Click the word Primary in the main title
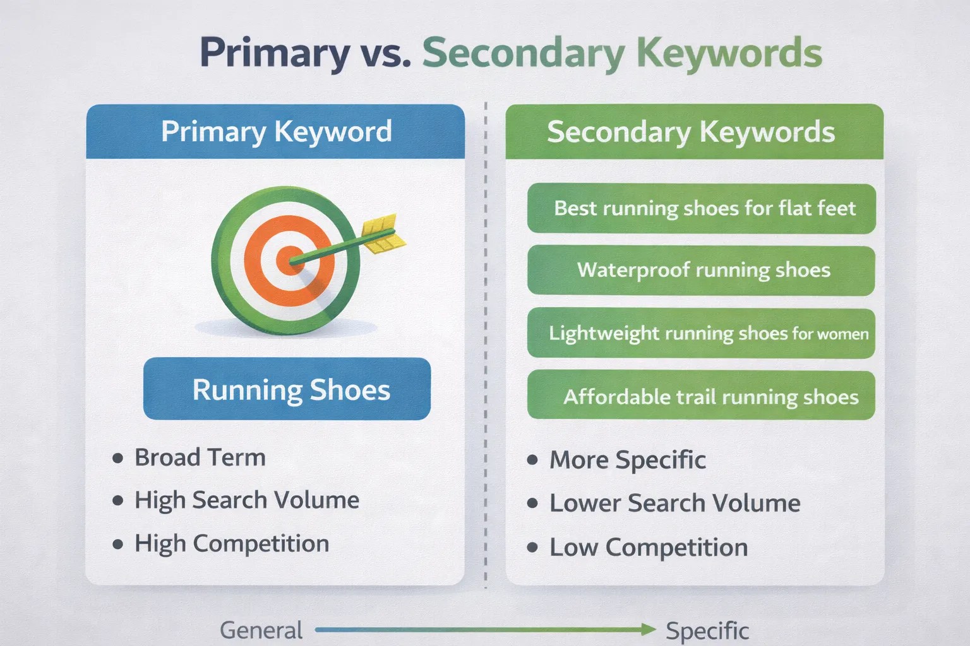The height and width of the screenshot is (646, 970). [x=275, y=53]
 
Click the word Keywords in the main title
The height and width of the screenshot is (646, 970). [x=729, y=53]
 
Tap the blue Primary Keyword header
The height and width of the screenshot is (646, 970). [x=275, y=131]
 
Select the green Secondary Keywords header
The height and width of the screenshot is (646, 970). [x=695, y=132]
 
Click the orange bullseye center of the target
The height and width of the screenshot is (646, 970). [x=289, y=260]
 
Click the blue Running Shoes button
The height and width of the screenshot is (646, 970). [x=287, y=389]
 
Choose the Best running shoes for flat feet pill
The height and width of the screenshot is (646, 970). [x=702, y=209]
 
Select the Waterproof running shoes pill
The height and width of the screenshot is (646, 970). [x=702, y=271]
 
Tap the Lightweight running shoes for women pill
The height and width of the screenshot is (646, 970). [x=702, y=333]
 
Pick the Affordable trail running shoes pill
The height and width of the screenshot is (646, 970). [x=702, y=396]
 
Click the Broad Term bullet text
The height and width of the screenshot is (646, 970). [x=200, y=457]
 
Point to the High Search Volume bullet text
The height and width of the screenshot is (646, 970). [x=247, y=500]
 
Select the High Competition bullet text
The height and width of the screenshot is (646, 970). [x=232, y=543]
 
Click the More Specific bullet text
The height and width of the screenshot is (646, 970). [x=628, y=459]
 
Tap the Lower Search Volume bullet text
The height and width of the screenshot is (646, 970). [x=675, y=503]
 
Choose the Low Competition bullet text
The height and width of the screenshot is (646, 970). [x=649, y=548]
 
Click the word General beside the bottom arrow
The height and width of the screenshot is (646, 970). [x=261, y=630]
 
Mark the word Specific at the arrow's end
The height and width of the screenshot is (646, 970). [x=707, y=631]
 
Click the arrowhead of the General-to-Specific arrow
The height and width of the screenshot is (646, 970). [x=649, y=630]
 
